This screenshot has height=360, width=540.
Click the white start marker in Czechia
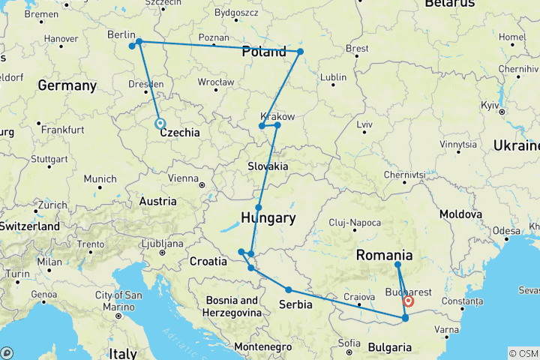tap(159, 124)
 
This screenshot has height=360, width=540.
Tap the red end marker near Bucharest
tap(409, 301)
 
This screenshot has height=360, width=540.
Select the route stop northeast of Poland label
tap(300, 52)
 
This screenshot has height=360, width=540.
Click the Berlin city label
tap(121, 34)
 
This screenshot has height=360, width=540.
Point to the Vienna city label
tap(184, 178)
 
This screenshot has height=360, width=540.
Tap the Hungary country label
tap(268, 218)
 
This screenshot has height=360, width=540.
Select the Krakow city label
tap(277, 116)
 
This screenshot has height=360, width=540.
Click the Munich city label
tap(100, 178)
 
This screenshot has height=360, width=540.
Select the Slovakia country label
tap(269, 166)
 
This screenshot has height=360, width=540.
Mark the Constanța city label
tap(462, 301)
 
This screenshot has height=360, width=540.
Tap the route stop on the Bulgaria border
tap(405, 318)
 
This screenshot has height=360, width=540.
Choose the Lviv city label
tap(365, 123)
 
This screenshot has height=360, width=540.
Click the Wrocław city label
tap(215, 82)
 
